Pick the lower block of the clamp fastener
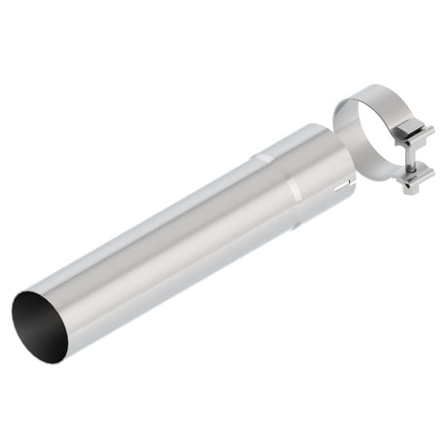tap(413, 174)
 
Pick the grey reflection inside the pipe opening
tap(34, 321)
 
